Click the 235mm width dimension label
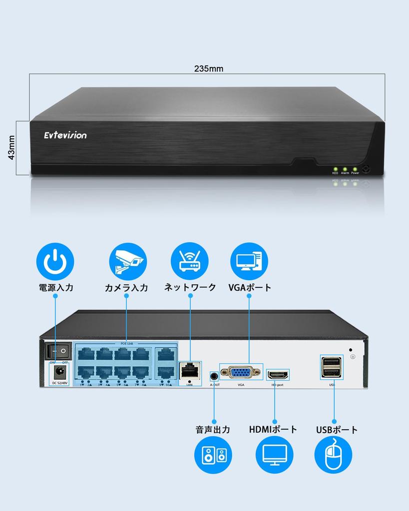tap(209, 69)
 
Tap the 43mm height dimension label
tap(11, 148)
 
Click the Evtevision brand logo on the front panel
tap(65, 135)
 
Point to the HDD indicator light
tap(335, 169)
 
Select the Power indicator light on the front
tap(355, 169)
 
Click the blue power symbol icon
tap(55, 261)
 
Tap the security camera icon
tap(128, 261)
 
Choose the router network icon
tap(190, 261)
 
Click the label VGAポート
tap(250, 287)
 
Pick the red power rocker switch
tap(57, 351)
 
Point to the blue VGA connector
tap(241, 372)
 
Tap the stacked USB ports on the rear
tap(331, 368)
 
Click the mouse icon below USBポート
tap(333, 455)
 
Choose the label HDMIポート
tap(273, 429)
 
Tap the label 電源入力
tap(56, 287)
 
